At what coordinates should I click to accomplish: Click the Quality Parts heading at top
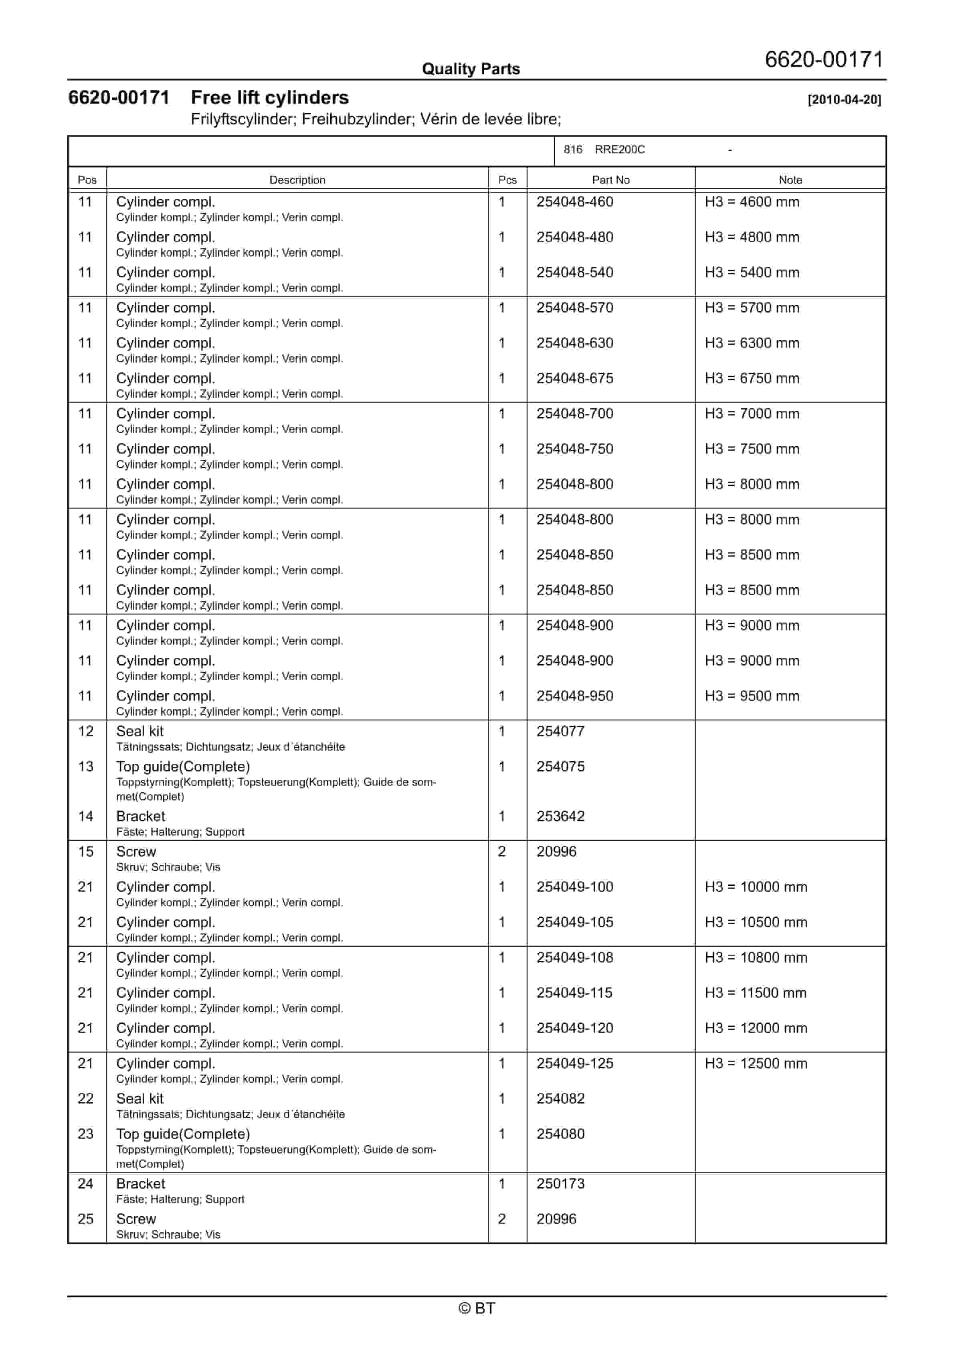click(471, 69)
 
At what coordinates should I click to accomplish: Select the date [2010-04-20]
click(844, 99)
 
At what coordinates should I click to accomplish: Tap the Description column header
click(297, 180)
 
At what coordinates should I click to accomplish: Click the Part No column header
click(610, 180)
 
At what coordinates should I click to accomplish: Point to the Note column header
click(790, 180)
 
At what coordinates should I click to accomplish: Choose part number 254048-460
click(575, 202)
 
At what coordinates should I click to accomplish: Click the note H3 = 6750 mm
click(752, 378)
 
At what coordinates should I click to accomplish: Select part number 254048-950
click(575, 696)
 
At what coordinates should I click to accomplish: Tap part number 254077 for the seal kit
click(560, 731)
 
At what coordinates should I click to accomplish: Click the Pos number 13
click(86, 767)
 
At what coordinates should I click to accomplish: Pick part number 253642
click(560, 816)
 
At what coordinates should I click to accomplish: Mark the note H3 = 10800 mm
click(756, 957)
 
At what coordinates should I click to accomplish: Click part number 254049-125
click(575, 1063)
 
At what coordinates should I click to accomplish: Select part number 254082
click(560, 1099)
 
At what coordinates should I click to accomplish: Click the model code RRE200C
click(619, 150)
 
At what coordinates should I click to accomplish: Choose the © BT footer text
click(477, 1308)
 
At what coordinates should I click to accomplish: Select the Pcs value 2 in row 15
click(502, 852)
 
